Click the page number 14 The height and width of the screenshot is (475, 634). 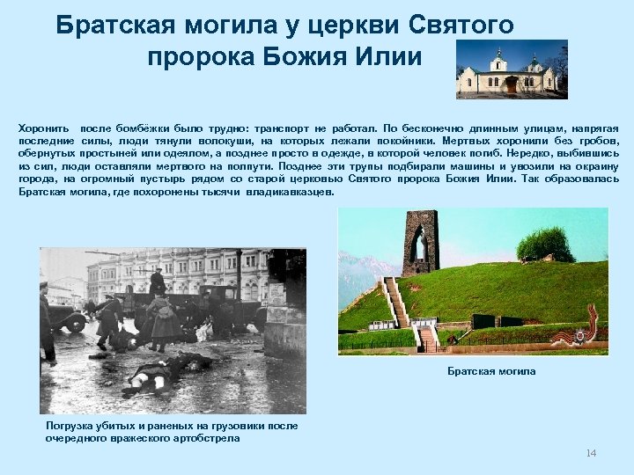pos(591,453)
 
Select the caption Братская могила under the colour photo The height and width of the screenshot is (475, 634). pos(491,372)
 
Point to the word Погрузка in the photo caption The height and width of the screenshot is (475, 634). pos(70,426)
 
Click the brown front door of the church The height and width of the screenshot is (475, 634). pos(511,84)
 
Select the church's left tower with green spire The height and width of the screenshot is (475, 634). pos(498,63)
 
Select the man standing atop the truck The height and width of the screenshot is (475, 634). pos(158,281)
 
